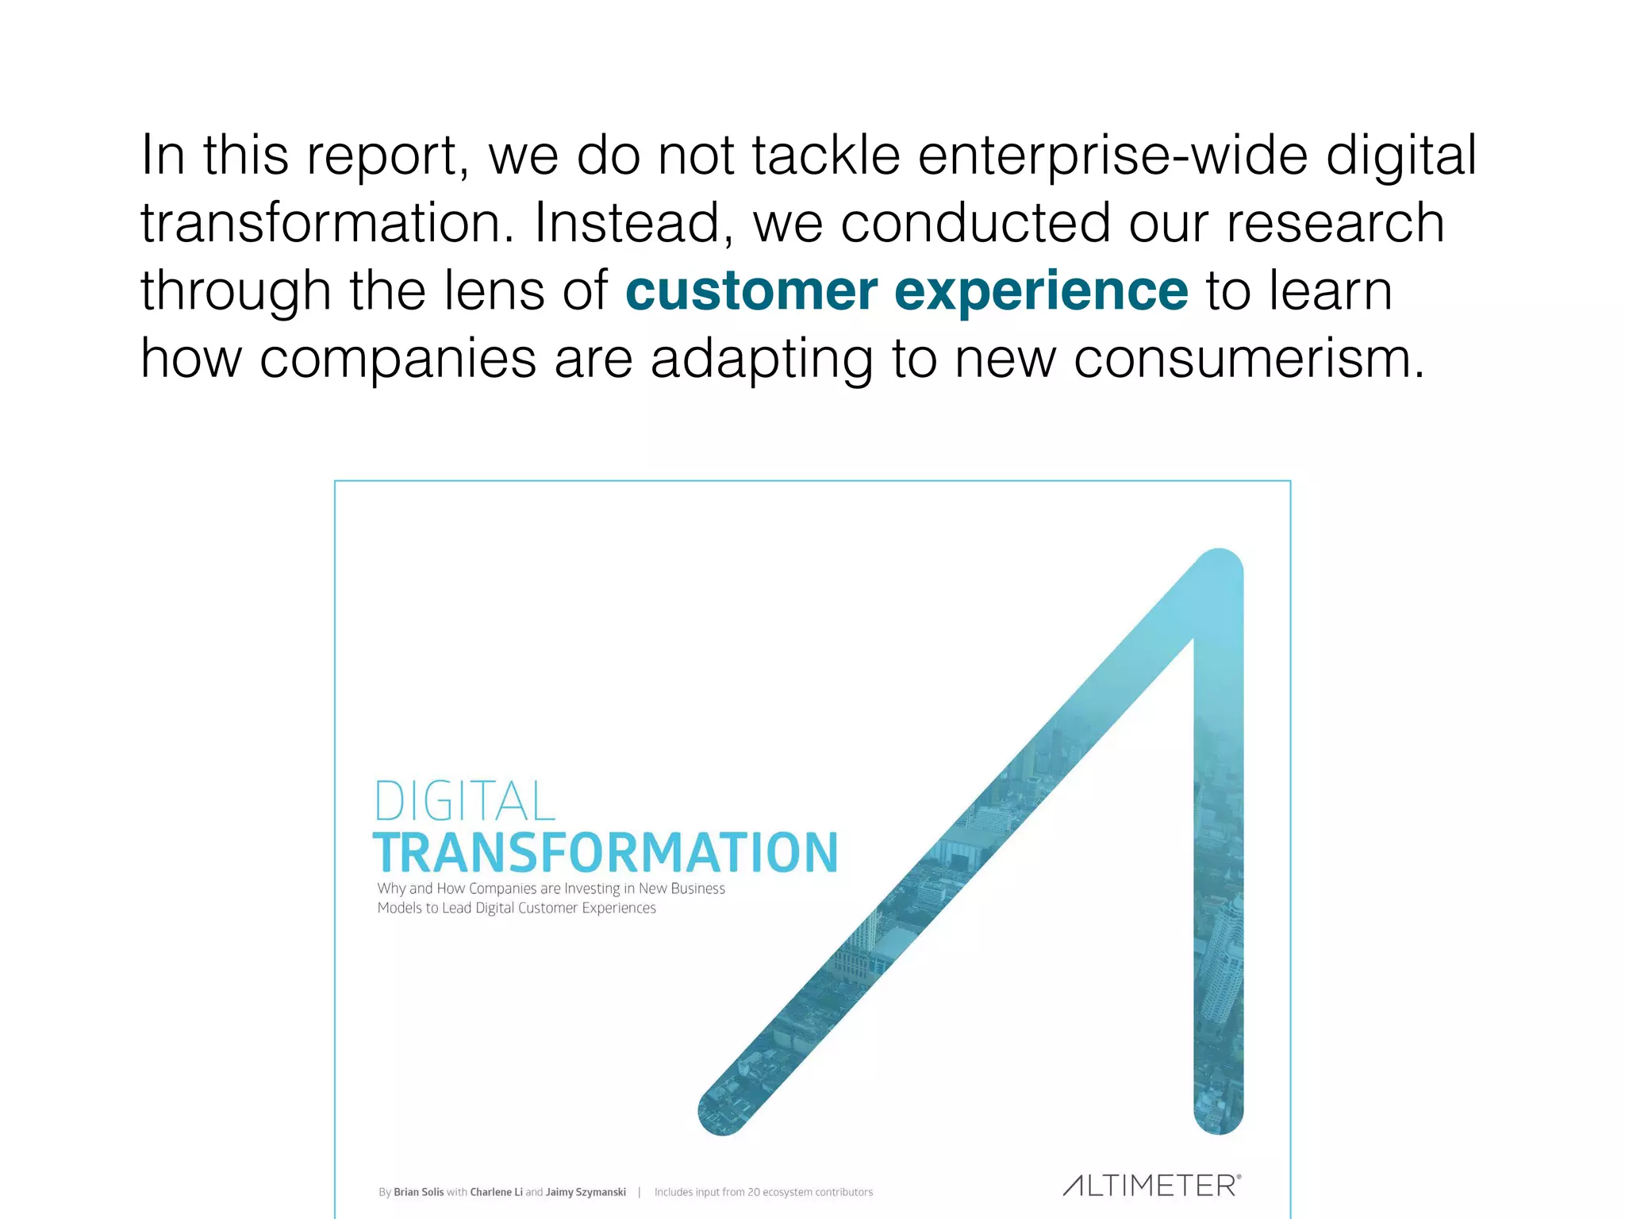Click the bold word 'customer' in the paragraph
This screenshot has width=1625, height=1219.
coord(751,291)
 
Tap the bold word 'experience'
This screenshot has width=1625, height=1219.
coord(1041,291)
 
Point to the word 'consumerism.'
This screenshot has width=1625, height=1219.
coord(1250,359)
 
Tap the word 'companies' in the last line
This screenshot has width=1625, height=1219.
coord(398,359)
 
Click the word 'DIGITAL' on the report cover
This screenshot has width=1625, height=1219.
coord(464,802)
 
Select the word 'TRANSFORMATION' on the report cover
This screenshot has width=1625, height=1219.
coord(605,853)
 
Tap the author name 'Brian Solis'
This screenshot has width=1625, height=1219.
coord(418,1192)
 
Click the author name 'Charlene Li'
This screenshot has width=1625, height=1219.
coord(496,1192)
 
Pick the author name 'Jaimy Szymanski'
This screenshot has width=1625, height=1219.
coord(586,1192)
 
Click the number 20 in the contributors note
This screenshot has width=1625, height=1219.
coord(753,1192)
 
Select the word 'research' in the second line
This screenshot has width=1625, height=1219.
coord(1335,223)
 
